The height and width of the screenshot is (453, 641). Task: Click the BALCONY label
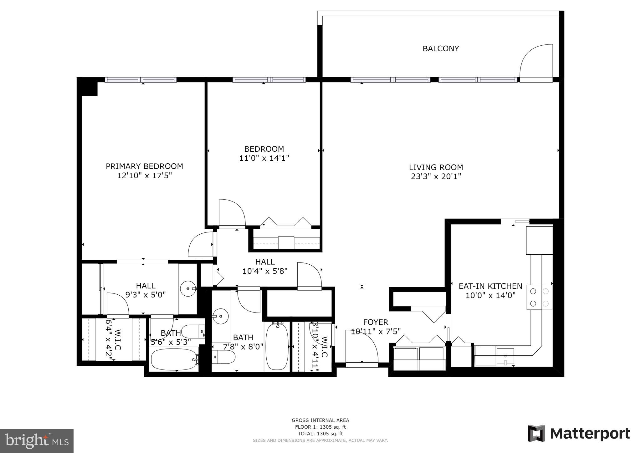440,48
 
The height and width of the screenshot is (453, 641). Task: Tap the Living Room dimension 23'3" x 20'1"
436,176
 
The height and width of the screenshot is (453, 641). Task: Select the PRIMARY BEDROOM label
144,166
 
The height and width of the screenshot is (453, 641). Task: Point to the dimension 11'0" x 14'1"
264,158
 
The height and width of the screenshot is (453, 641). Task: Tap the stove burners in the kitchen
539,297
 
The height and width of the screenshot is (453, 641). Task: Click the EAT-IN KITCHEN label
490,286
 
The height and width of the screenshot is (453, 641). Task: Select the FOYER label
376,322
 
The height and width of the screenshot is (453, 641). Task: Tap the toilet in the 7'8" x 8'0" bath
223,357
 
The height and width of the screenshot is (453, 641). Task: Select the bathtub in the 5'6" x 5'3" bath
174,359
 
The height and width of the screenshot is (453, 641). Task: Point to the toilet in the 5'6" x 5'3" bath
192,331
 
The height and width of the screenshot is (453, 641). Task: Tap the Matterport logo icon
536,433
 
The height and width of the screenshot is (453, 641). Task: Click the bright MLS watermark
37,441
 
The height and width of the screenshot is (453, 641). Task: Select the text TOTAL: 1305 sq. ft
320,434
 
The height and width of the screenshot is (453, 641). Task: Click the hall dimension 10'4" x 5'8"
265,271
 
